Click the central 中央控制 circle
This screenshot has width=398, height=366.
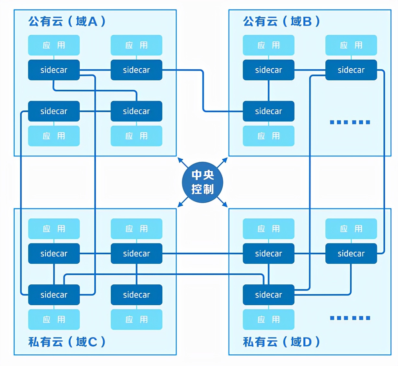coord(203,182)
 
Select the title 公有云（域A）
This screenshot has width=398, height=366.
coord(67,21)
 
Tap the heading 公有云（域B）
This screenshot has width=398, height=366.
coord(281,21)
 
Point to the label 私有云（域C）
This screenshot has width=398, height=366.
coord(67,342)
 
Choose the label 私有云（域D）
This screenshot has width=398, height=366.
coord(281,342)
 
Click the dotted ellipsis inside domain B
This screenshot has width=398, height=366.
coord(350,122)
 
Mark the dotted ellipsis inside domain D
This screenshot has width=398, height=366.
coord(350,318)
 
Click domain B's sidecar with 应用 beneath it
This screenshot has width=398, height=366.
coord(268,111)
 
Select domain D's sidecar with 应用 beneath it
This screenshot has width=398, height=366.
coord(268,295)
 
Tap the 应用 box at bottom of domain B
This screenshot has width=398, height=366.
coord(268,136)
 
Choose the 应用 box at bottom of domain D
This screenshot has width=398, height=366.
coord(268,319)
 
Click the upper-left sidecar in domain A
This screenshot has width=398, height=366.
coord(54,70)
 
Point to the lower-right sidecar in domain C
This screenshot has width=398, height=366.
coord(136,295)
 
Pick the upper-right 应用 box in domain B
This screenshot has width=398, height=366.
coord(351,45)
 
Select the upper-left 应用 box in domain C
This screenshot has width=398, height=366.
coord(54,229)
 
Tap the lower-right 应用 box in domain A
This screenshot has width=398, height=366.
coord(136,136)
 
